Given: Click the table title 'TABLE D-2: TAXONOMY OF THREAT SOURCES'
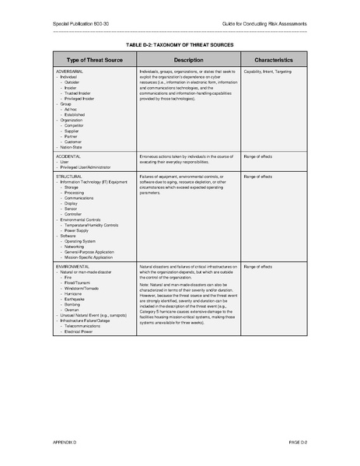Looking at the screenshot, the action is [x=180, y=44].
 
